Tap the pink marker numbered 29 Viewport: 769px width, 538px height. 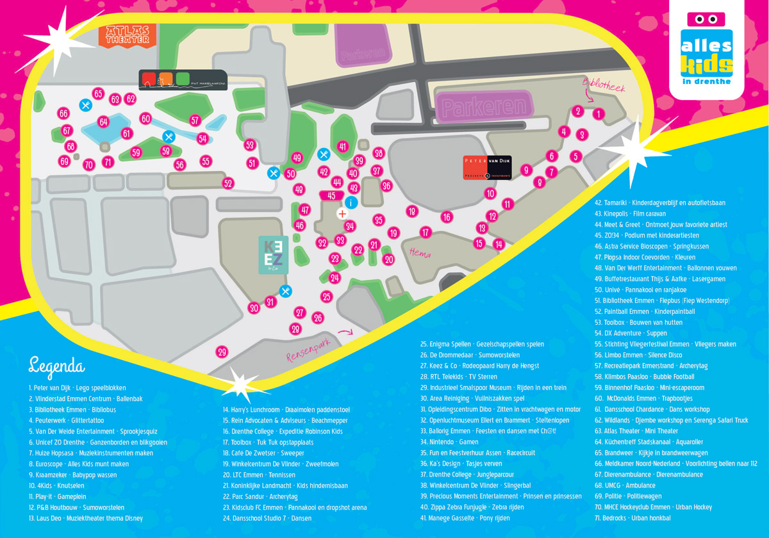[222, 352]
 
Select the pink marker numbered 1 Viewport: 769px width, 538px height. [597, 115]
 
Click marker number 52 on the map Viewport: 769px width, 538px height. [227, 183]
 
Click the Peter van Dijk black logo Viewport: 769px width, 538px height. [487, 167]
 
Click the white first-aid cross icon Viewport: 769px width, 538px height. [342, 214]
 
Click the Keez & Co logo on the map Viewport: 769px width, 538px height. [269, 254]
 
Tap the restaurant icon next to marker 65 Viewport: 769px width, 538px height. [85, 104]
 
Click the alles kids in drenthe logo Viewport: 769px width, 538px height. [706, 48]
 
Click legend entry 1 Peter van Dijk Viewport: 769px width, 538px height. [78, 387]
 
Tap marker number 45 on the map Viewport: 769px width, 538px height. [331, 195]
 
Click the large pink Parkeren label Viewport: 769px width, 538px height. [484, 106]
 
